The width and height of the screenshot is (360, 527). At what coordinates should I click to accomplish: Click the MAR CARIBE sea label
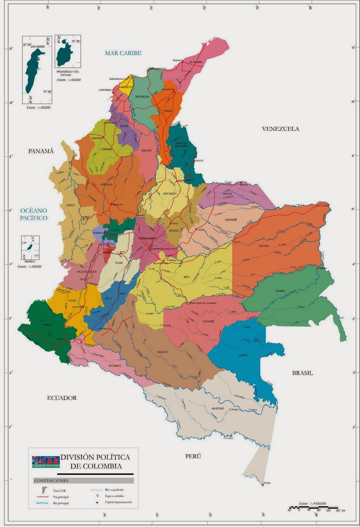[x=123, y=53]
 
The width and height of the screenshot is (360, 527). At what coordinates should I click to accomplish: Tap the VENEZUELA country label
[x=281, y=129]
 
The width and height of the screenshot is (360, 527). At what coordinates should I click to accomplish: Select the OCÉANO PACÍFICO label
[x=34, y=214]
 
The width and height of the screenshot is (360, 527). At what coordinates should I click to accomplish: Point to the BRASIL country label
[x=302, y=373]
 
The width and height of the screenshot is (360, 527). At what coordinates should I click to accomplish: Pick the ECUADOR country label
[x=62, y=398]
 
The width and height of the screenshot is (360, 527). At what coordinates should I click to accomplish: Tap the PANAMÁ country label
[x=41, y=151]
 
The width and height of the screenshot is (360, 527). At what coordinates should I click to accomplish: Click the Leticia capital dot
[x=263, y=485]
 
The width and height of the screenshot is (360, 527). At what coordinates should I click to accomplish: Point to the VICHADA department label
[x=263, y=246]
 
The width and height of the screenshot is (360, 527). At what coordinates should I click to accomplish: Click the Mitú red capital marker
[x=256, y=339]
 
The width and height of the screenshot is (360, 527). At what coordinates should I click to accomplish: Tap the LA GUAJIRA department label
[x=195, y=62]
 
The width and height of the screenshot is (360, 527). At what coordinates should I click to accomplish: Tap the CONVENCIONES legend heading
[x=51, y=481]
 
